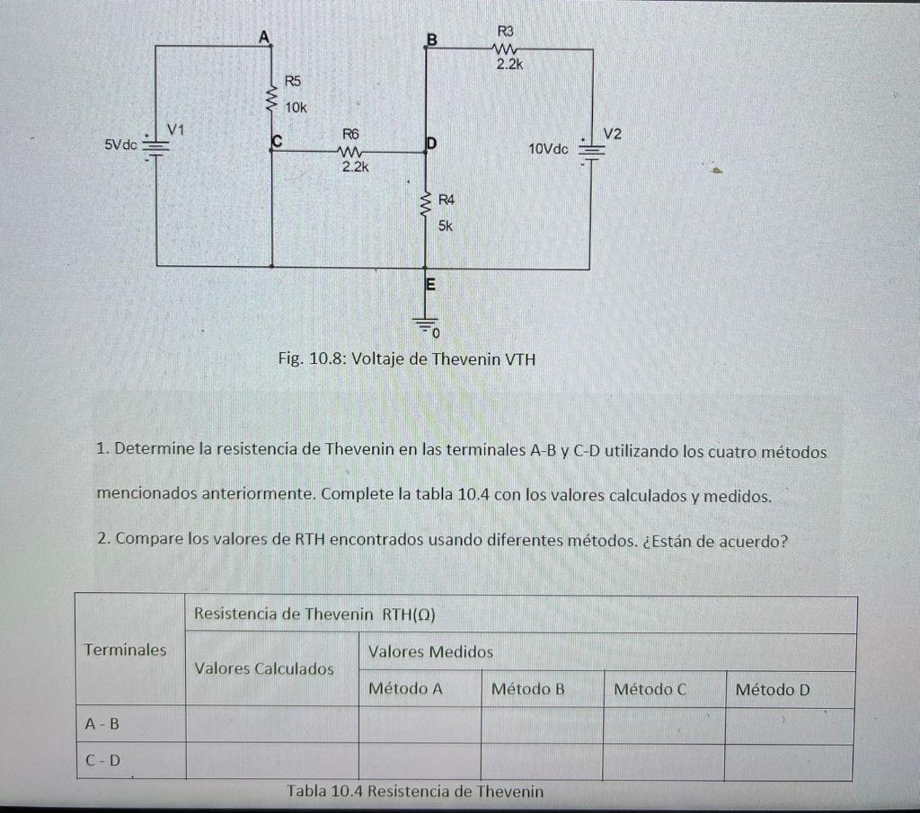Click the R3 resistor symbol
[504, 50]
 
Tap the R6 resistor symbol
[351, 152]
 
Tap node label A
[263, 37]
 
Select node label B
[431, 40]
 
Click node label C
[277, 141]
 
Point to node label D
[431, 143]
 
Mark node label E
[429, 286]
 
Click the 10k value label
[296, 107]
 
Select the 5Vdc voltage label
[120, 144]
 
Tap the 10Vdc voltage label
[548, 148]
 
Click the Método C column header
[650, 689]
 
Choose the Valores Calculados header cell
[264, 668]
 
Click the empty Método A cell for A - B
[420, 724]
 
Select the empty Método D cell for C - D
[788, 762]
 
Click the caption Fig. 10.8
[406, 359]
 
